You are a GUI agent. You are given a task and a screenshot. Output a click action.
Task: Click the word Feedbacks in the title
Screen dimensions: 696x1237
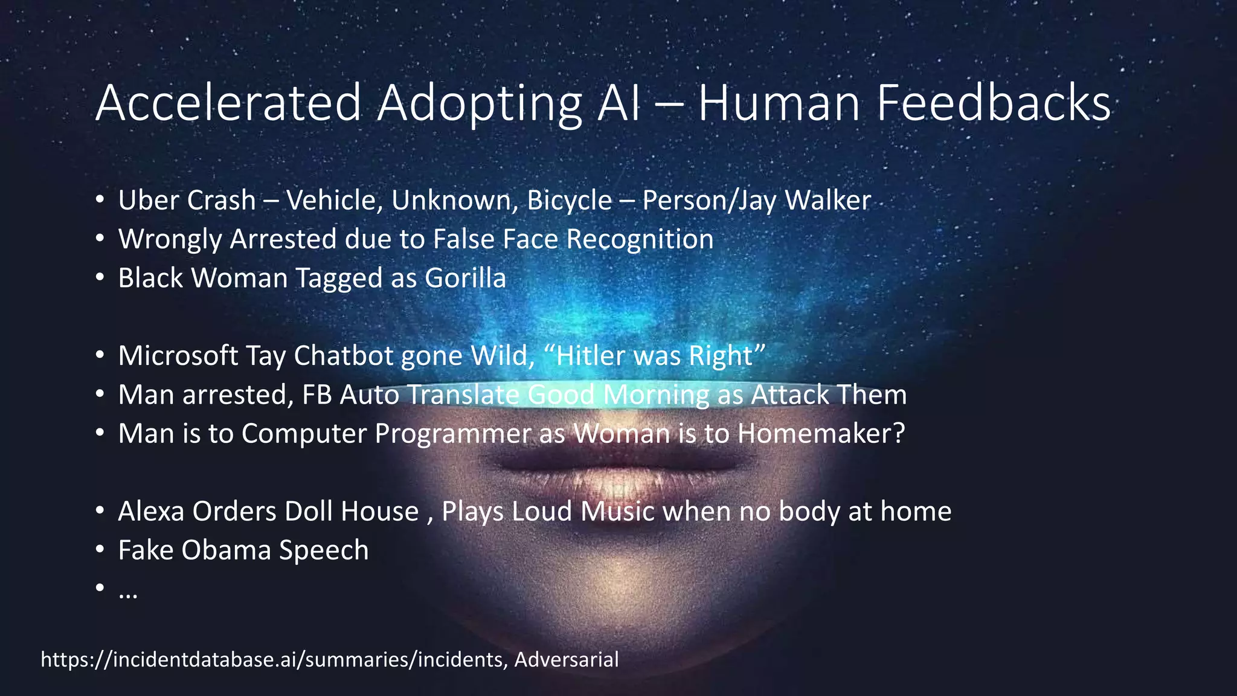[993, 103]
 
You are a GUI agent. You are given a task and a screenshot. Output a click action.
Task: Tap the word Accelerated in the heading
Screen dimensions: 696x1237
[228, 103]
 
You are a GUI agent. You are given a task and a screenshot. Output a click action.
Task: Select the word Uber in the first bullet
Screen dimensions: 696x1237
[145, 201]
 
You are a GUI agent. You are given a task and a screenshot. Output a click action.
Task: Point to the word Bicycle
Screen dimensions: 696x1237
[569, 201]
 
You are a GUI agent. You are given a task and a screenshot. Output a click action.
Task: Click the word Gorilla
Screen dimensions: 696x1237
[465, 279]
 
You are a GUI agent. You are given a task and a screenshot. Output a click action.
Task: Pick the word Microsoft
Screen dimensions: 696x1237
[178, 356]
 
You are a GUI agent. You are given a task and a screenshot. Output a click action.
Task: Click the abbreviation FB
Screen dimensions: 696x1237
[316, 395]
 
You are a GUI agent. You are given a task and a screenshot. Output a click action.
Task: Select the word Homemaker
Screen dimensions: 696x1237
[820, 434]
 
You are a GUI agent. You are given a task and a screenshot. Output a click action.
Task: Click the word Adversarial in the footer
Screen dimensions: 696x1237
[566, 659]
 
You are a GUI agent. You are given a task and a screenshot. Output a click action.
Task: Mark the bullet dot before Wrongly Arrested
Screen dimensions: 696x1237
[100, 239]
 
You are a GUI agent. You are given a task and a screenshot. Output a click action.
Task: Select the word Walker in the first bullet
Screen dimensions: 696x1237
[827, 201]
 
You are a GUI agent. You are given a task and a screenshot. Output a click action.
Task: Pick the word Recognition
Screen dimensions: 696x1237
[640, 239]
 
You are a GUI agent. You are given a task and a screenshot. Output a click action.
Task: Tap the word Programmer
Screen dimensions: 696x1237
[452, 434]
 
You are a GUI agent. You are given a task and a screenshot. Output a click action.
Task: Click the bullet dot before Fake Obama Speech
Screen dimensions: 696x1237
[100, 550]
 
